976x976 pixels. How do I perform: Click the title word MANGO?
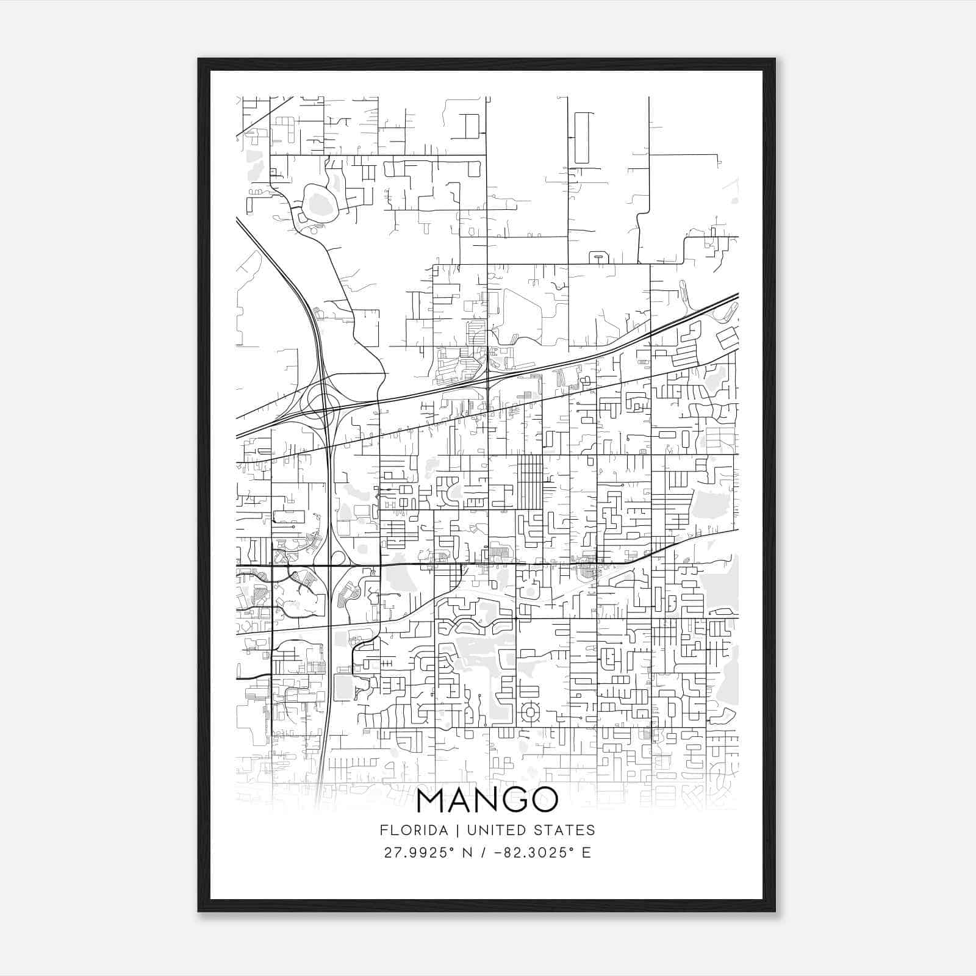pos(487,801)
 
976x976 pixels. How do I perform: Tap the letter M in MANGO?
pos(432,801)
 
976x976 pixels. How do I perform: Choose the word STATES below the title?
pos(565,830)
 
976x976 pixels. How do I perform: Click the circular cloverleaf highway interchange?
pos(323,402)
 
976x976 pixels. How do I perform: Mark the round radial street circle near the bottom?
pos(529,712)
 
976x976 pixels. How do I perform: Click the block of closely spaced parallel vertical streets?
pos(530,481)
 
